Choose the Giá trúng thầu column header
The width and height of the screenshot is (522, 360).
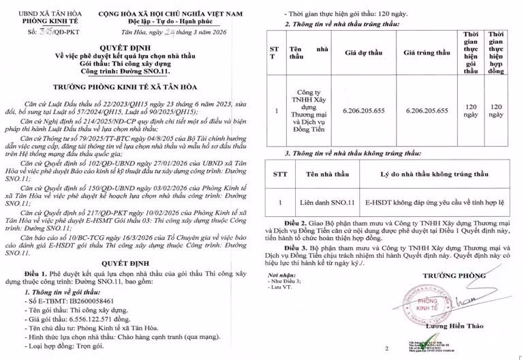click(x=427, y=52)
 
